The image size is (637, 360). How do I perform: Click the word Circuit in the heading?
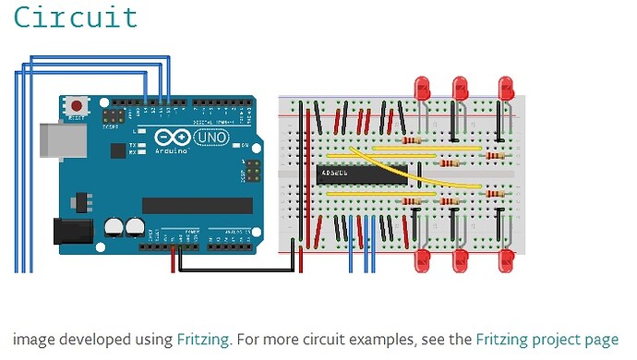coord(76,18)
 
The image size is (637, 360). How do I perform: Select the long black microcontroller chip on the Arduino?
coord(197,205)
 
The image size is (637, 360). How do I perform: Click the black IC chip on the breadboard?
coord(361,172)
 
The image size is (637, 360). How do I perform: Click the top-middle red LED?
coord(461,90)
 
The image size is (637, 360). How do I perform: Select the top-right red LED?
coord(505,90)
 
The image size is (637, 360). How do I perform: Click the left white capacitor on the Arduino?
coord(115,226)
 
